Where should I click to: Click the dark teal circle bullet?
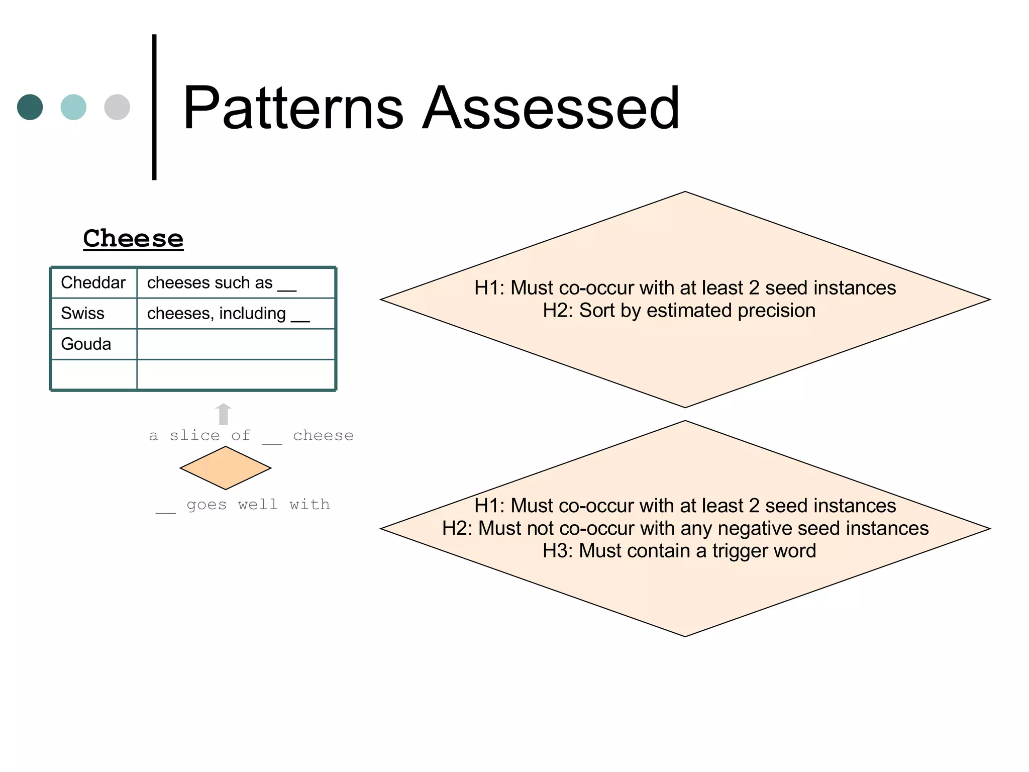click(x=30, y=107)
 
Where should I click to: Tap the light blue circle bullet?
click(x=73, y=107)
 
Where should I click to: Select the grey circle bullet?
click(x=117, y=107)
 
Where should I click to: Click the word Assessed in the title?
click(x=551, y=108)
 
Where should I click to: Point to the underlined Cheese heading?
click(x=133, y=238)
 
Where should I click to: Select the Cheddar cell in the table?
click(x=93, y=282)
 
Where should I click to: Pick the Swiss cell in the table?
click(x=83, y=313)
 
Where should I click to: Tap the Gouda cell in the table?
click(x=86, y=344)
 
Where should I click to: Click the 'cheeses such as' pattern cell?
click(x=222, y=283)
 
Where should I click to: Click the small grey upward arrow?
click(x=223, y=414)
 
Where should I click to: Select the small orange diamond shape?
click(x=226, y=468)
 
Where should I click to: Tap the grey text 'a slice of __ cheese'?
click(x=251, y=435)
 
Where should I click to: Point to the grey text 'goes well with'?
click(x=258, y=504)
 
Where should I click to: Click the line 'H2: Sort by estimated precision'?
click(x=679, y=311)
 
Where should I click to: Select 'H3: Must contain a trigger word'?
click(x=679, y=551)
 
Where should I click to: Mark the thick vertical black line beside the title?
click(x=154, y=107)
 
